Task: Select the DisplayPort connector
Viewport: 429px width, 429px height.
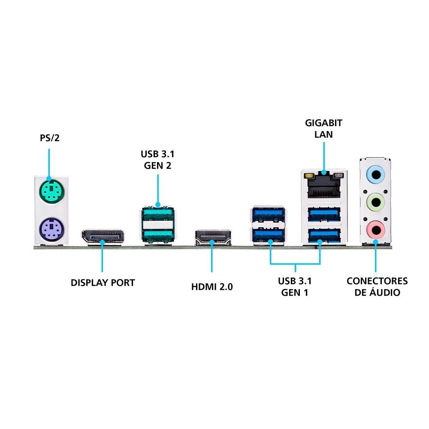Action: (103, 237)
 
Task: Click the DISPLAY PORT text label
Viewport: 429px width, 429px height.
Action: (103, 283)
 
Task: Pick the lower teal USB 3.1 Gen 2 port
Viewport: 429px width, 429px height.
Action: (157, 234)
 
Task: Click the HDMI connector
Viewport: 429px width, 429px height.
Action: (213, 238)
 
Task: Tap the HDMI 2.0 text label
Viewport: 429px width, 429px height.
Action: (212, 287)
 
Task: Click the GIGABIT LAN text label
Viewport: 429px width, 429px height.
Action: (323, 129)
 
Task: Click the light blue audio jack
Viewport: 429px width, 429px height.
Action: (375, 175)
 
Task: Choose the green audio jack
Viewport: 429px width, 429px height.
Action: (375, 201)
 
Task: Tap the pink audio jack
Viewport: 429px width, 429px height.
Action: (375, 229)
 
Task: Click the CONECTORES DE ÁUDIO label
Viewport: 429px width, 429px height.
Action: (377, 287)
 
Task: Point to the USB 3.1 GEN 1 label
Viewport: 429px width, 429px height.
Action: (295, 287)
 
